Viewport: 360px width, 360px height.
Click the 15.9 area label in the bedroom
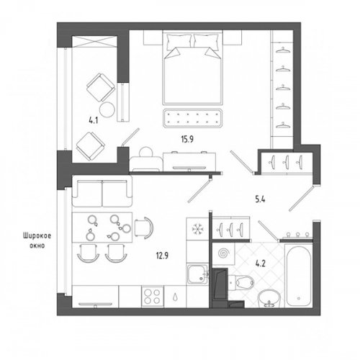tap(187, 139)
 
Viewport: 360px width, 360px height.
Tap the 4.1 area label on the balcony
tap(93, 120)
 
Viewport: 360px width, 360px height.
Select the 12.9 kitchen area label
tap(162, 256)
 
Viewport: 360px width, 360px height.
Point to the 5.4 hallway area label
tap(260, 199)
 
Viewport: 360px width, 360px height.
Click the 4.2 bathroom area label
tap(260, 264)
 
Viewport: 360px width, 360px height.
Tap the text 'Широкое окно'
tap(37, 240)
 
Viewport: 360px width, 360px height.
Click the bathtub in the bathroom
tap(299, 275)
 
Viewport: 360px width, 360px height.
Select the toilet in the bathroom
tap(241, 282)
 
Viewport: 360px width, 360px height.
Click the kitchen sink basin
tap(197, 274)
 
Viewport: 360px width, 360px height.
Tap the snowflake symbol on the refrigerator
tap(197, 229)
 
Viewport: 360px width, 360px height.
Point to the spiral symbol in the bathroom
tap(224, 253)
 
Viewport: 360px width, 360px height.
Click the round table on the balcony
tap(107, 109)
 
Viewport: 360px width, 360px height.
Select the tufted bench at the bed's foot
tap(192, 118)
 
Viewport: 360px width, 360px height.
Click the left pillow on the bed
tap(179, 42)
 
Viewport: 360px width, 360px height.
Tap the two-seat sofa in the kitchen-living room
tap(102, 191)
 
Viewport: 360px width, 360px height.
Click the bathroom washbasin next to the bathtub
tap(269, 297)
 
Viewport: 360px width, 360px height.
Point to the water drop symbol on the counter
tap(176, 297)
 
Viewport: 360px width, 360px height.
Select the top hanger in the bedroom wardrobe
tap(283, 50)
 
